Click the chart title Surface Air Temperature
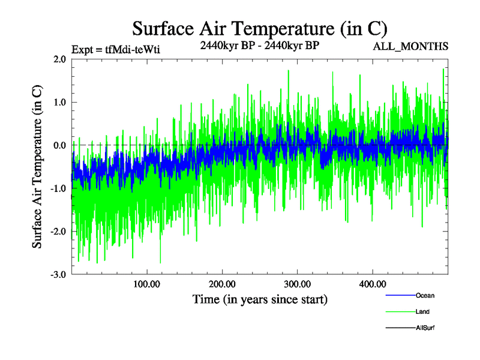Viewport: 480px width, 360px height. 259,28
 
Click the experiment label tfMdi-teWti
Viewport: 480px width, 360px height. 115,50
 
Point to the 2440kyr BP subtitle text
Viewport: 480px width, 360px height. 259,44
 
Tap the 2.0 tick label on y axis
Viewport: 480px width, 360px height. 59,59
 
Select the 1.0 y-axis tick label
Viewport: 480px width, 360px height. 59,103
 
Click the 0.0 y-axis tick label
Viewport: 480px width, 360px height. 59,146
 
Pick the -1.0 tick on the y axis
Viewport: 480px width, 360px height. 58,188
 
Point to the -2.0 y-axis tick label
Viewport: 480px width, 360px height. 58,232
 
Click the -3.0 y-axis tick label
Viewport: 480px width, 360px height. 58,275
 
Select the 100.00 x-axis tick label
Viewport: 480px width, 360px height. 146,284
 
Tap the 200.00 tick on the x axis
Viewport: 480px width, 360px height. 222,284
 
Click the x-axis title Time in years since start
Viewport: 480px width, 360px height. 260,299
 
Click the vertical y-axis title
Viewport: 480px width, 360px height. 37,167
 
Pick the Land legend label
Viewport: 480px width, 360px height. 422,312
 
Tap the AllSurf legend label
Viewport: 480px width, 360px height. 425,328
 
